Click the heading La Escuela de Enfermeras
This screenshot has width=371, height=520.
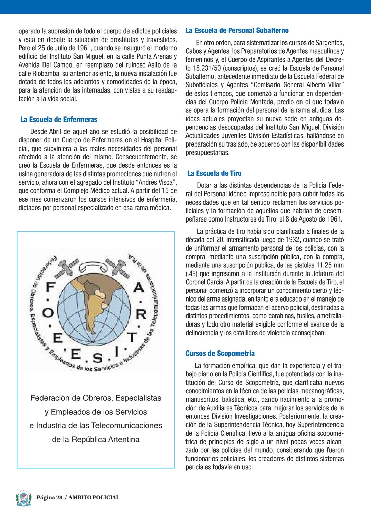click(59, 120)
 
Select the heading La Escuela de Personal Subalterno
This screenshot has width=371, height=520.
click(237, 31)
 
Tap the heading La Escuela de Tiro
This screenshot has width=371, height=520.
click(215, 174)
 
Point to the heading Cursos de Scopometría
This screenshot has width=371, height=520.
click(220, 354)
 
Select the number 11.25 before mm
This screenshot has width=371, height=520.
click(326, 265)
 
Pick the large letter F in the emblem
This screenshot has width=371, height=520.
click(50, 287)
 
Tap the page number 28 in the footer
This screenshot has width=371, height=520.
click(59, 498)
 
